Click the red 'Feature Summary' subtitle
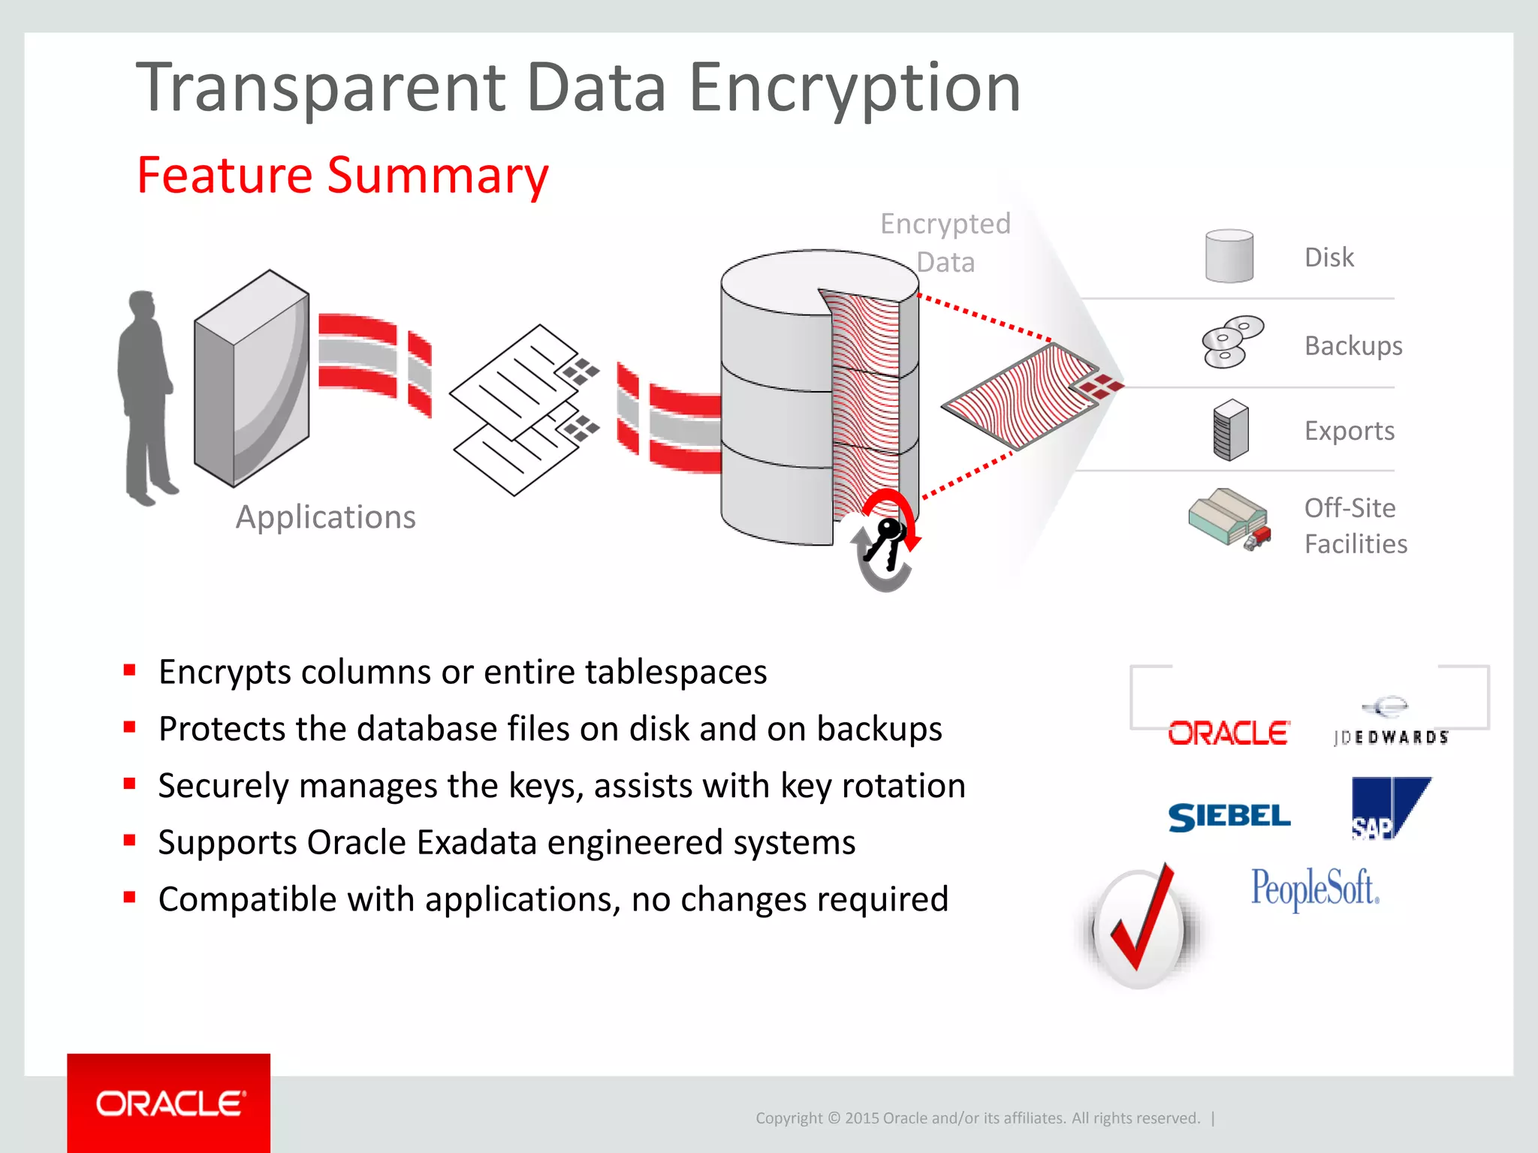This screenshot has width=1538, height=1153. (342, 176)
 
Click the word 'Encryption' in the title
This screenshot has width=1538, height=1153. (855, 89)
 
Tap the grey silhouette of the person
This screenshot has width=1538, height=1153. (146, 398)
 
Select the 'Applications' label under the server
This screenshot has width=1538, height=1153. (325, 517)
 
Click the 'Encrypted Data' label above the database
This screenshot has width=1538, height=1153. (945, 242)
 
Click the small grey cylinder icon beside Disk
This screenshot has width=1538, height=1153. (1229, 256)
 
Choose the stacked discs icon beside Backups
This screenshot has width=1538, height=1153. (1232, 342)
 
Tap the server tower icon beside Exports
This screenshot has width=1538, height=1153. (1230, 429)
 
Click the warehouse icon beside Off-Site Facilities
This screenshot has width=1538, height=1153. (1229, 519)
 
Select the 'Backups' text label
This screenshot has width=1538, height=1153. (1353, 346)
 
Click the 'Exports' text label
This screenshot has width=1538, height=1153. (1350, 431)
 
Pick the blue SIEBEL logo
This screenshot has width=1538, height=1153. (1229, 817)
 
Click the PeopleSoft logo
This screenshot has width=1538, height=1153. (1314, 889)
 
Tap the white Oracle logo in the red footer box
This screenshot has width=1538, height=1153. (170, 1103)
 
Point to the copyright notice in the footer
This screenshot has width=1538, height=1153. (978, 1118)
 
